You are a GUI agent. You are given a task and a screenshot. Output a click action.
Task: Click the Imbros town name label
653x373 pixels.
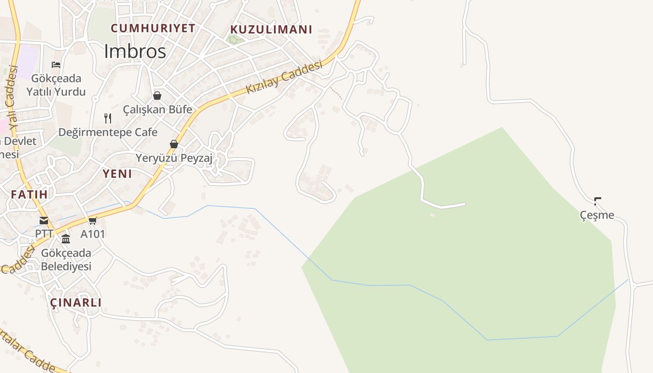pyautogui.click(x=135, y=51)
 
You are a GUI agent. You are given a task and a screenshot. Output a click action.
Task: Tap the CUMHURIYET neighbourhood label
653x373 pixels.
pyautogui.click(x=153, y=28)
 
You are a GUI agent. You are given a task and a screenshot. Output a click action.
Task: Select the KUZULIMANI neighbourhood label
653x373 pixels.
pyautogui.click(x=271, y=29)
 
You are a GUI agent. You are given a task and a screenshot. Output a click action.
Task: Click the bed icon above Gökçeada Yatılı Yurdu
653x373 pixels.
pyautogui.click(x=56, y=64)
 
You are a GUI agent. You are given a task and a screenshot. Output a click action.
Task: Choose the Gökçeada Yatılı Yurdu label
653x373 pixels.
pyautogui.click(x=56, y=85)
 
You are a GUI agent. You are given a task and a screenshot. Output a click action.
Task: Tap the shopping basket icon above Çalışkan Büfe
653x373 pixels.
pyautogui.click(x=157, y=96)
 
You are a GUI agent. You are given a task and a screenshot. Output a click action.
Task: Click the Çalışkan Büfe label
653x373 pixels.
pyautogui.click(x=157, y=110)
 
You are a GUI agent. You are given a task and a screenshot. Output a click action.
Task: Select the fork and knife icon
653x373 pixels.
pyautogui.click(x=108, y=118)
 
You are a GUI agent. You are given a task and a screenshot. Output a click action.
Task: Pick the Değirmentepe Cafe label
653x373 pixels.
pyautogui.click(x=108, y=132)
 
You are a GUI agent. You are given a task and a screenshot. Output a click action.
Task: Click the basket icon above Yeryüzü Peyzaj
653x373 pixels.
pyautogui.click(x=174, y=144)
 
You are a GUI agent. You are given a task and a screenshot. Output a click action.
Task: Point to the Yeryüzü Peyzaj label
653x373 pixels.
pyautogui.click(x=174, y=158)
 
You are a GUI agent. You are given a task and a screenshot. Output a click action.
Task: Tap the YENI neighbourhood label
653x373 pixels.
pyautogui.click(x=117, y=174)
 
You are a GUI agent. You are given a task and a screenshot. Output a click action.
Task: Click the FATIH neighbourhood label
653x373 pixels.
pyautogui.click(x=29, y=194)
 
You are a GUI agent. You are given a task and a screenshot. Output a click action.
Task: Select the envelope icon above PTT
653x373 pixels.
pyautogui.click(x=44, y=221)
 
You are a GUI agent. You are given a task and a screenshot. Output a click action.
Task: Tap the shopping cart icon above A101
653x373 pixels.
pyautogui.click(x=93, y=221)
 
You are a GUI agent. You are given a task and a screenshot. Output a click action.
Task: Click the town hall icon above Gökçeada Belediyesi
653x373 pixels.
pyautogui.click(x=66, y=239)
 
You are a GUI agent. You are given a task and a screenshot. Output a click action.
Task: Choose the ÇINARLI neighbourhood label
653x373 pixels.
pyautogui.click(x=76, y=303)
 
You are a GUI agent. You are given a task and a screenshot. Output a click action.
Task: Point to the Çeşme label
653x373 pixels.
pyautogui.click(x=597, y=215)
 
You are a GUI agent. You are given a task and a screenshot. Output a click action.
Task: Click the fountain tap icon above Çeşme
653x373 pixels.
pyautogui.click(x=597, y=201)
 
